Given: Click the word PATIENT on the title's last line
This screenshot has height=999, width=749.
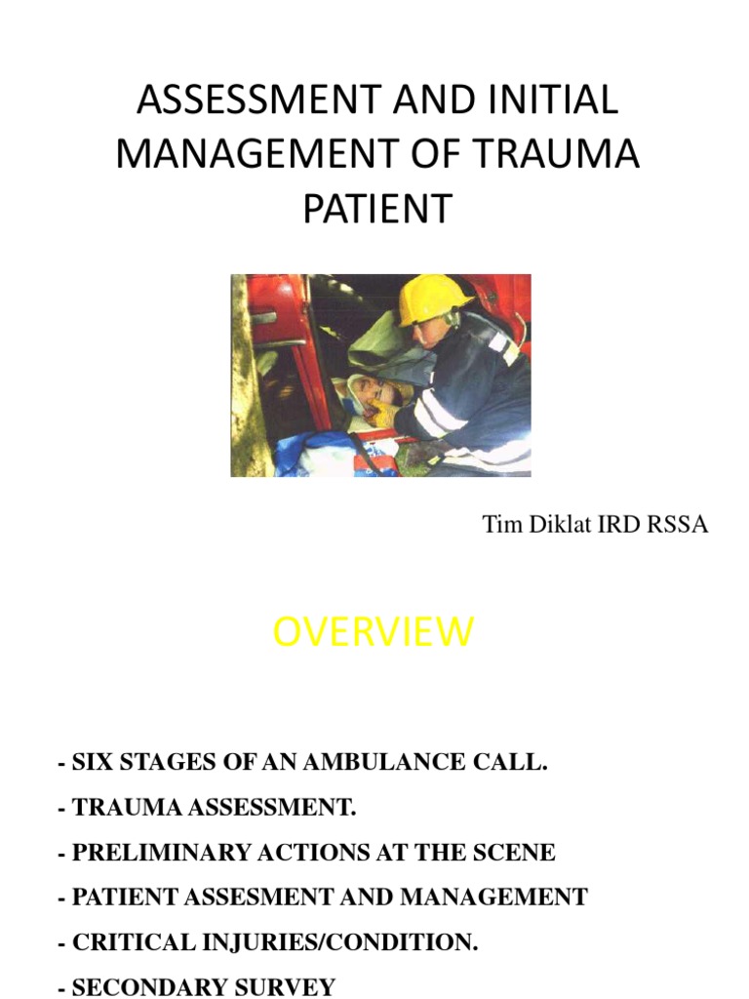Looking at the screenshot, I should pyautogui.click(x=378, y=209).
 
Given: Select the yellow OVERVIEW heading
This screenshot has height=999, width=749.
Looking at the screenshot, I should pyautogui.click(x=373, y=632).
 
